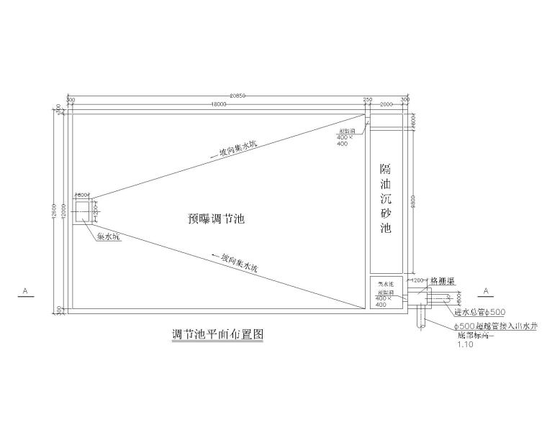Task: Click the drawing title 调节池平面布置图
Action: pos(214,334)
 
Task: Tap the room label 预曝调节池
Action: pos(211,219)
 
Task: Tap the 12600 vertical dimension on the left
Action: pos(57,211)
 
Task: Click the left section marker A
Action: pos(25,291)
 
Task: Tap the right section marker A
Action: pos(486,291)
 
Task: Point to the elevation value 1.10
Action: pos(466,345)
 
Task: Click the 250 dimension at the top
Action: pos(368,98)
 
